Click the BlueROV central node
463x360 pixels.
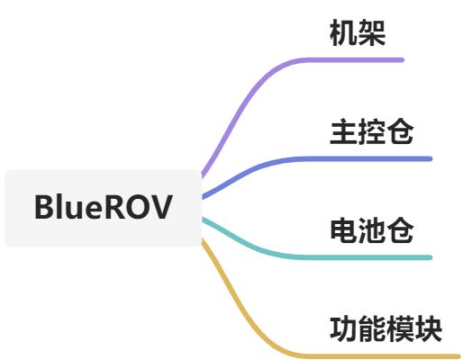click(x=103, y=207)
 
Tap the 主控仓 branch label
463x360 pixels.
click(x=372, y=132)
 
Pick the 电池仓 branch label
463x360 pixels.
click(x=372, y=230)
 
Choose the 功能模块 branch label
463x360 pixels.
click(x=386, y=328)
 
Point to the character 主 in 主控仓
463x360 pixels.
click(x=344, y=132)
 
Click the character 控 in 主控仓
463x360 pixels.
click(x=372, y=132)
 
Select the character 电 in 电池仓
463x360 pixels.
click(x=344, y=230)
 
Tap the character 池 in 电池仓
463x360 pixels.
click(x=372, y=230)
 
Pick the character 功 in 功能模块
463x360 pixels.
click(x=344, y=328)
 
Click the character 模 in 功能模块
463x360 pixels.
click(x=401, y=328)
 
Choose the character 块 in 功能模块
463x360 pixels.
click(x=429, y=328)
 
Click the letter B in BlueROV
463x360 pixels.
click(x=44, y=207)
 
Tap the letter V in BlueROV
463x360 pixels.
click(x=162, y=207)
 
